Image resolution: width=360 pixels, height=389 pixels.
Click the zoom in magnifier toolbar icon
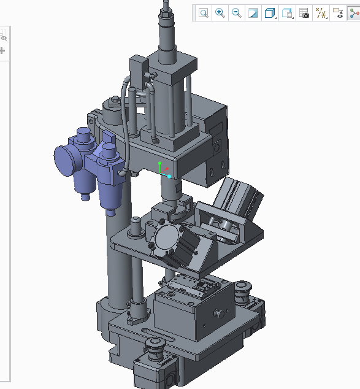[x=220, y=13]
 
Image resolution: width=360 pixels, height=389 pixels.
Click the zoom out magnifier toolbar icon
[x=236, y=13]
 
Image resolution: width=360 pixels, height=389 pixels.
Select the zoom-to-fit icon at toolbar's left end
[x=204, y=13]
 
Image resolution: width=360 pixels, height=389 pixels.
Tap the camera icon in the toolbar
[x=304, y=13]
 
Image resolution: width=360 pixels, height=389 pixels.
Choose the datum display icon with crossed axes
[x=320, y=13]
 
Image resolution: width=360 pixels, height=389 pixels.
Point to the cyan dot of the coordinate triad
[x=169, y=177]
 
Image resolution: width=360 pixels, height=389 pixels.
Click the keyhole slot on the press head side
[x=210, y=171]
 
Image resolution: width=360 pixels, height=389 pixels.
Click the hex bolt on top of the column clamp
[x=114, y=100]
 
